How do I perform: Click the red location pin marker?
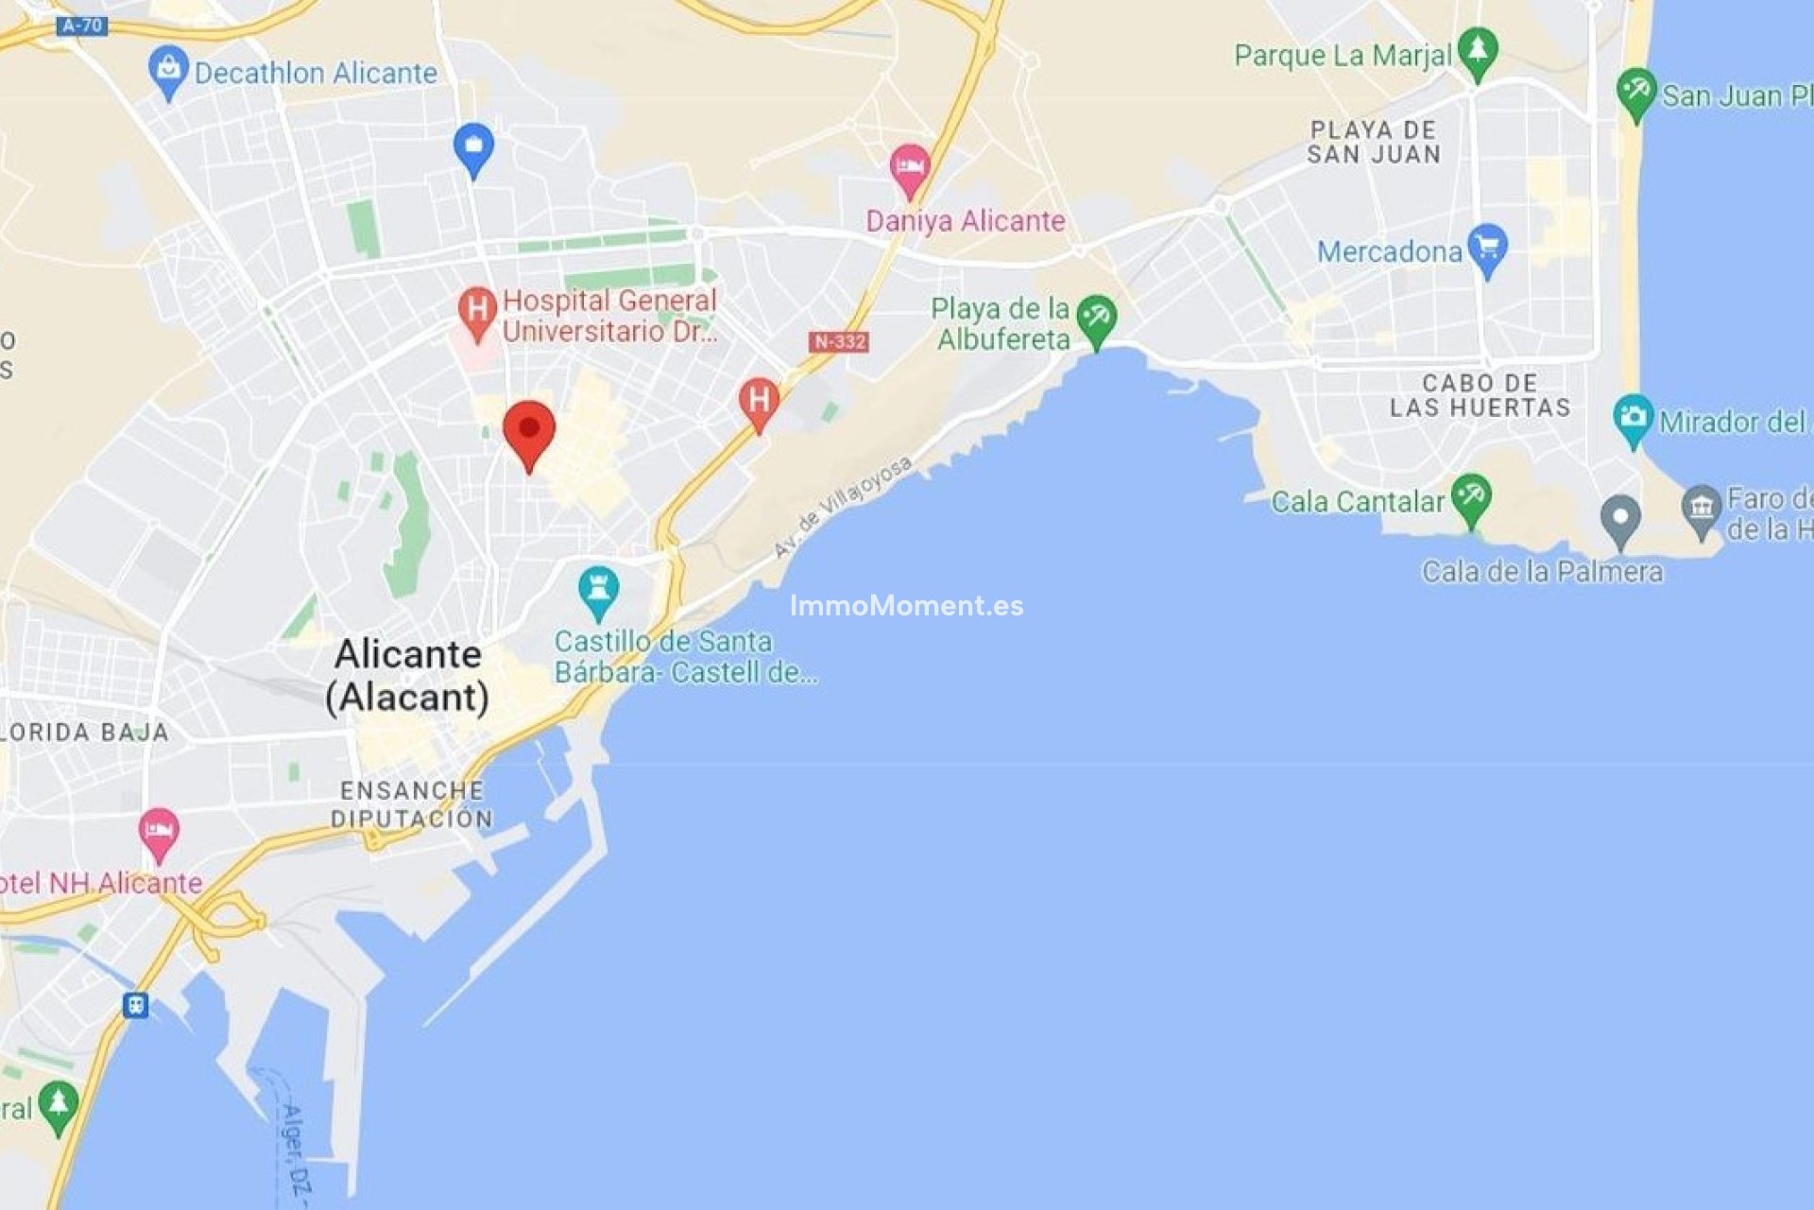[529, 431]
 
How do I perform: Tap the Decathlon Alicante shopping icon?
[168, 69]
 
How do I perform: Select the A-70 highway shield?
[81, 26]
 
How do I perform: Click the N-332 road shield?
[838, 341]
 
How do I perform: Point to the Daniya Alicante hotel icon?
[909, 167]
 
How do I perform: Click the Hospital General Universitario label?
[608, 316]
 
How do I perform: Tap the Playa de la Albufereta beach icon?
[1096, 319]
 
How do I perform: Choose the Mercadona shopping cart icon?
[1487, 248]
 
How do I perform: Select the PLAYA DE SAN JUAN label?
[1375, 143]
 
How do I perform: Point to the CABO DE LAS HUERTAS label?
[1480, 395]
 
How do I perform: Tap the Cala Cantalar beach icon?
[1471, 497]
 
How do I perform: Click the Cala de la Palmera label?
[1542, 572]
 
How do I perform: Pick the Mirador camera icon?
[1634, 418]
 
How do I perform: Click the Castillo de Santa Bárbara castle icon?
[598, 589]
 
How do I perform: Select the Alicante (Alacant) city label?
[408, 675]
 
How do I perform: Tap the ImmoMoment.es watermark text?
[906, 606]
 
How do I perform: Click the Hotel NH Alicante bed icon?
[159, 832]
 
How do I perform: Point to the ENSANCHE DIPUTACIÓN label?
[412, 804]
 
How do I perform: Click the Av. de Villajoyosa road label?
[843, 506]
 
